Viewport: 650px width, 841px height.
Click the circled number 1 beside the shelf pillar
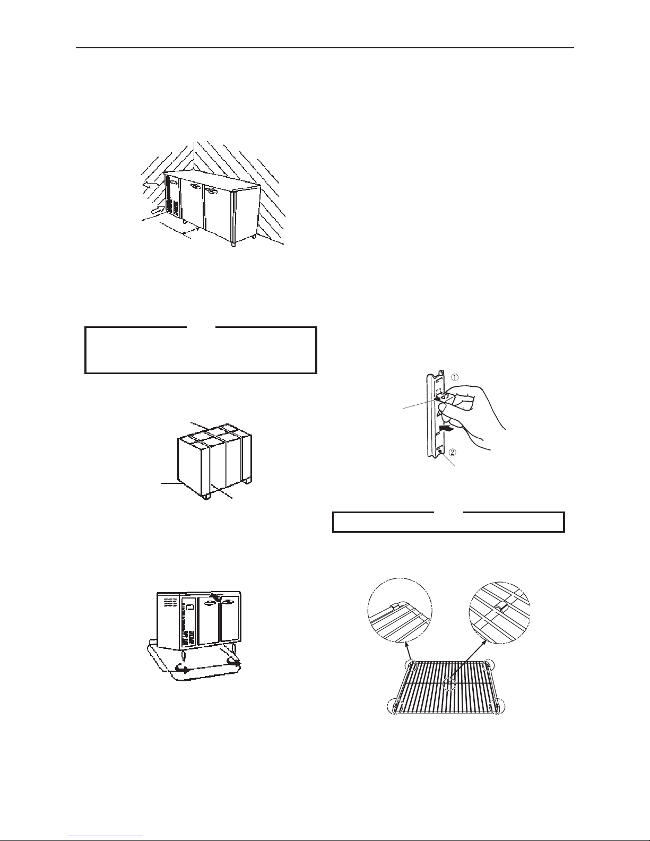click(455, 377)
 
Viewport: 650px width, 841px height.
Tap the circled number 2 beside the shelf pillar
click(453, 452)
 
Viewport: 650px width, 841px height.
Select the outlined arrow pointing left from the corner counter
click(151, 185)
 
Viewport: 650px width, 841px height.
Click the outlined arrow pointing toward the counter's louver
click(155, 210)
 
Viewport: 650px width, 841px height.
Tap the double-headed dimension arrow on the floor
click(190, 231)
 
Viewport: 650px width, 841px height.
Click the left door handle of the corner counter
click(195, 187)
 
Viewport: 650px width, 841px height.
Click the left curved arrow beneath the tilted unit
click(181, 667)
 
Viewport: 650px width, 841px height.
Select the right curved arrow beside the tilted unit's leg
click(233, 662)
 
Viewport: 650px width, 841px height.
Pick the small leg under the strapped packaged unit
click(207, 496)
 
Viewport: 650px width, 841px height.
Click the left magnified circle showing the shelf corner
click(399, 610)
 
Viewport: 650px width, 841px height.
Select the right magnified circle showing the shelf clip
click(499, 613)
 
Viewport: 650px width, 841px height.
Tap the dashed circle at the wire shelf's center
click(449, 684)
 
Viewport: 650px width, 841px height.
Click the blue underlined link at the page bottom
click(105, 836)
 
